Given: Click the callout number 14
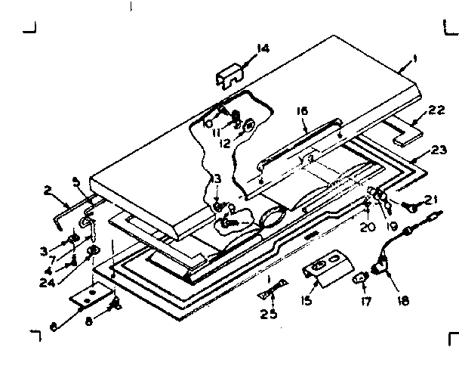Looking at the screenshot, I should tap(262, 49).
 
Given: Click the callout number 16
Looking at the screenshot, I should tap(302, 110).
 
